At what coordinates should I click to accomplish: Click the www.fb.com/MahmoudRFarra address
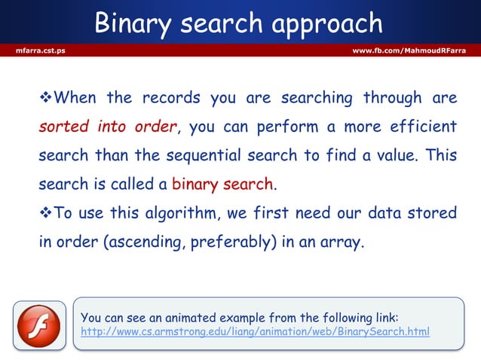(409, 50)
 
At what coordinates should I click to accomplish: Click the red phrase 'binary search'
(224, 184)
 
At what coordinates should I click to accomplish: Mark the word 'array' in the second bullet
(345, 243)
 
